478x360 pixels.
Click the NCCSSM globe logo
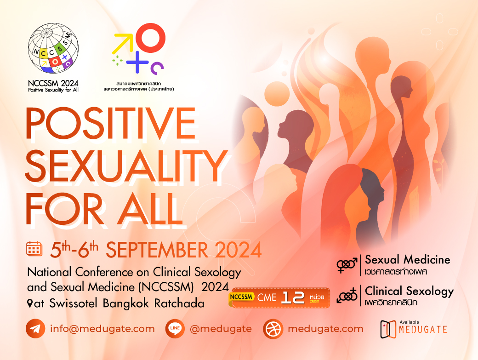pyautogui.click(x=53, y=48)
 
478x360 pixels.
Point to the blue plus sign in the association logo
pyautogui.click(x=137, y=62)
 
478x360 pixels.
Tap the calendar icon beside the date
pyautogui.click(x=34, y=248)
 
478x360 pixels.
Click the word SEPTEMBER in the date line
pyautogui.click(x=157, y=250)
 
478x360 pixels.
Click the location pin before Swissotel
pyautogui.click(x=30, y=303)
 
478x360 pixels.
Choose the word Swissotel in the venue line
pyautogui.click(x=73, y=303)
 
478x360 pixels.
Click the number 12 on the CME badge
pyautogui.click(x=293, y=297)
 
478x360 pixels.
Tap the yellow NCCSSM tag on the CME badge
pyautogui.click(x=241, y=297)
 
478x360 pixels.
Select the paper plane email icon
pyautogui.click(x=35, y=329)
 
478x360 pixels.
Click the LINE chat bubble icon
pyautogui.click(x=175, y=329)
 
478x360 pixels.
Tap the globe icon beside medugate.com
pyautogui.click(x=273, y=329)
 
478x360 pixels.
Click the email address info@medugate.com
pyautogui.click(x=102, y=329)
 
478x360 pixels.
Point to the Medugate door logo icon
pyautogui.click(x=388, y=329)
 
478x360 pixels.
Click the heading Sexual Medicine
pyautogui.click(x=408, y=260)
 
